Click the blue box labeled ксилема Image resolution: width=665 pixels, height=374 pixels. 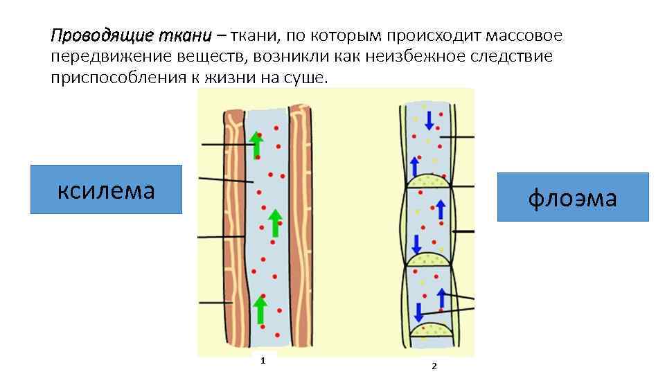coord(106,189)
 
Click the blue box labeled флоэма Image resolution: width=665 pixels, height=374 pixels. coord(572,197)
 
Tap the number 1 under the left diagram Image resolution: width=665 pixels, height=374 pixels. coord(263,360)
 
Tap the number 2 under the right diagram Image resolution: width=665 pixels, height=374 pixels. coord(434,366)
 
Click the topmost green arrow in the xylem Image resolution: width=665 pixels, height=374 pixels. coord(257,144)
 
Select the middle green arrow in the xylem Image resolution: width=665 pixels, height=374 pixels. coord(275,223)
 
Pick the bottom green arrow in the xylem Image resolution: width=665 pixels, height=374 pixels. coord(260,309)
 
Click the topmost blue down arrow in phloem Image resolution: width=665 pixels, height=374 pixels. coord(429,119)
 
